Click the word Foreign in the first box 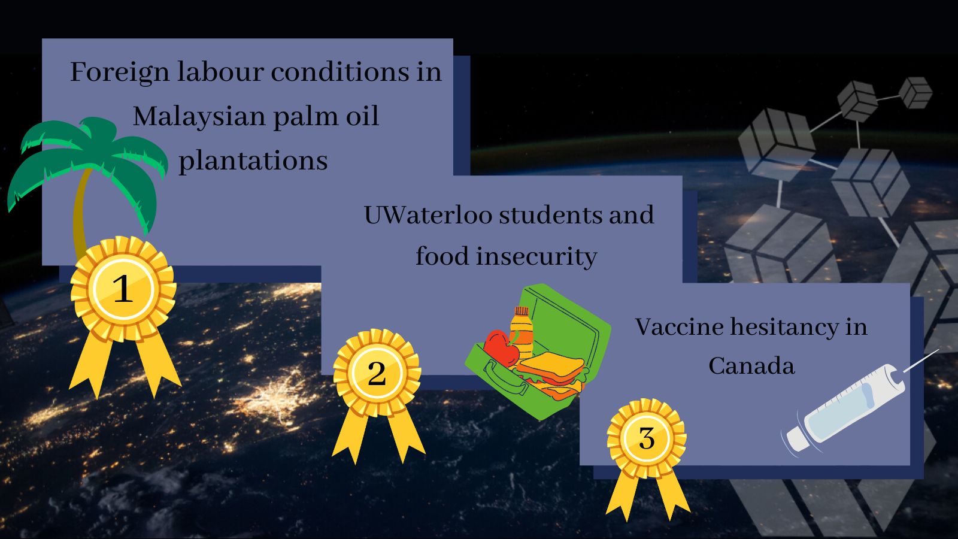pos(120,72)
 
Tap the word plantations pos(253,161)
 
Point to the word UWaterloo pos(428,215)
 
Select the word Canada pos(751,366)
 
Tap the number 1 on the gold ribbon pos(123,289)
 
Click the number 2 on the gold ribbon pos(377,374)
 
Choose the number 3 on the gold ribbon pos(647,438)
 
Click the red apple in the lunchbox pos(501,348)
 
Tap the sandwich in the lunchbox pos(551,374)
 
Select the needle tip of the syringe pos(938,350)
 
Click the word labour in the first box pos(220,71)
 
